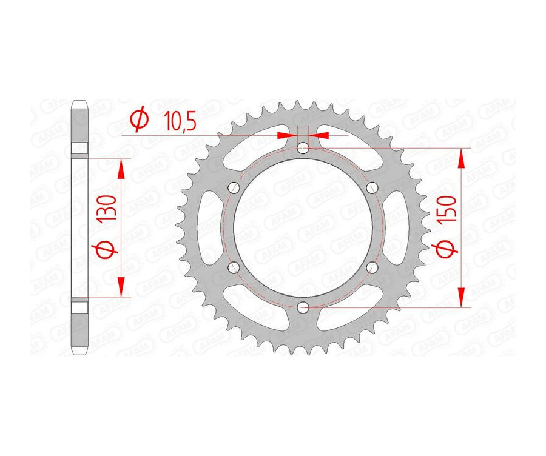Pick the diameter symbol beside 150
(x=448, y=249)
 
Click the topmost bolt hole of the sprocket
(x=303, y=146)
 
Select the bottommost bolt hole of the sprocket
(x=303, y=308)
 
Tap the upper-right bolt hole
(x=373, y=187)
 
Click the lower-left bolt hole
(x=233, y=267)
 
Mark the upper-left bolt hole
(x=233, y=187)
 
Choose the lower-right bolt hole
(x=373, y=267)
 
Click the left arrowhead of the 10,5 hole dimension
(x=286, y=135)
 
